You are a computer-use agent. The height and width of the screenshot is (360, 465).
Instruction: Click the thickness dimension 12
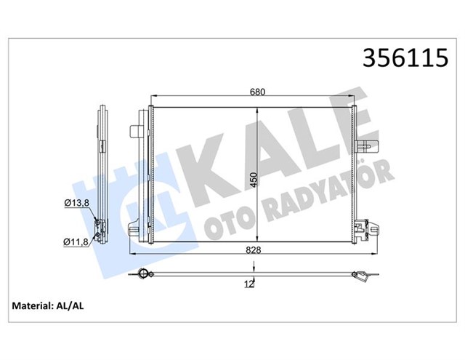tap(248, 284)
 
